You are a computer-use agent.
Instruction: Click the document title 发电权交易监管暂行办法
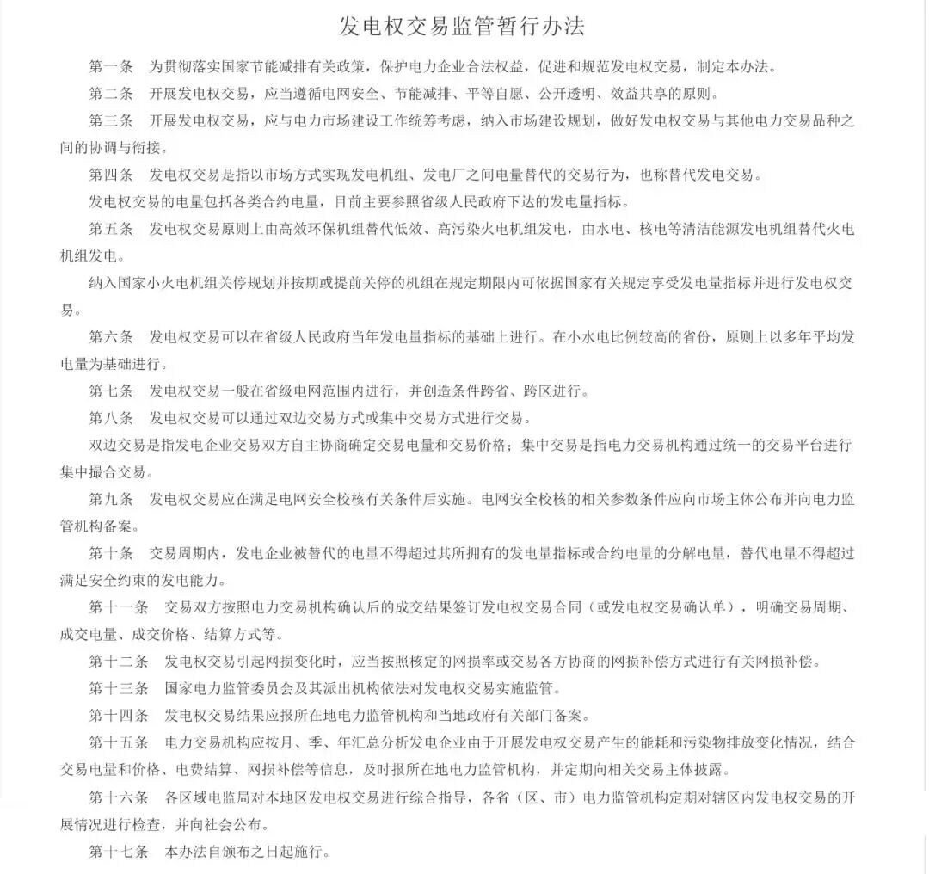(x=463, y=26)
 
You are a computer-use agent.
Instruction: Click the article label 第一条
(x=111, y=66)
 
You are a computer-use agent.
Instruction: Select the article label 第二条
(x=111, y=93)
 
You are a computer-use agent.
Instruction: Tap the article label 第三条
(x=111, y=120)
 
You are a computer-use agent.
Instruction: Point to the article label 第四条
(x=111, y=175)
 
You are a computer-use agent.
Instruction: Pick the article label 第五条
(x=111, y=229)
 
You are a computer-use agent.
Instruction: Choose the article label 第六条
(x=111, y=336)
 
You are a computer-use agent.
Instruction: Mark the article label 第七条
(x=111, y=391)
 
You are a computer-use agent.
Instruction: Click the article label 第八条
(x=111, y=418)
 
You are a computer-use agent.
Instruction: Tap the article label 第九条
(x=111, y=499)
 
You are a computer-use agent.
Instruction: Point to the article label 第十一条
(x=119, y=607)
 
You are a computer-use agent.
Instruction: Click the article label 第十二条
(x=119, y=662)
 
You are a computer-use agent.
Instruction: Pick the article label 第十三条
(x=119, y=688)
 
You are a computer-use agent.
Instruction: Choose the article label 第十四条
(x=119, y=715)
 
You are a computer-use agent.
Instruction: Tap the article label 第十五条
(x=119, y=742)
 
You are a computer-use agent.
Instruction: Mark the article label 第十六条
(x=119, y=797)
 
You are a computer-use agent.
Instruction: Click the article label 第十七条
(x=119, y=852)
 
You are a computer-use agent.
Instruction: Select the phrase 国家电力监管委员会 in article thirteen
(x=232, y=688)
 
